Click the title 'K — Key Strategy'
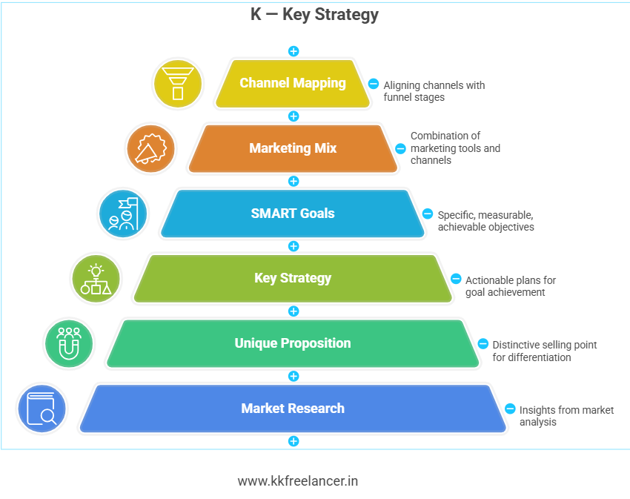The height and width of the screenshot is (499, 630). [x=314, y=14]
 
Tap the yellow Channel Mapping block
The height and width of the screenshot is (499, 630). [x=293, y=83]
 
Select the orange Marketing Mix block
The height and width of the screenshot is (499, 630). [x=293, y=148]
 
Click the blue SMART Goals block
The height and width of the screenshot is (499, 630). [x=293, y=214]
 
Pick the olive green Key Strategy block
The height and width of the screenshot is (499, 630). [x=293, y=278]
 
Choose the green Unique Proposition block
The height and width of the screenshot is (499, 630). [x=293, y=343]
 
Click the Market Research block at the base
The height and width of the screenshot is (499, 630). [x=293, y=409]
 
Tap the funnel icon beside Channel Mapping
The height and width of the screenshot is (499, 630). [x=177, y=83]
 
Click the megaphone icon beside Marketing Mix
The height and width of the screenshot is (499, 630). [x=150, y=148]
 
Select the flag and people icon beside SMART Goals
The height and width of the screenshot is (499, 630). [x=123, y=214]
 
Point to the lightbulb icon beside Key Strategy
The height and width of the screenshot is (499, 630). [x=96, y=279]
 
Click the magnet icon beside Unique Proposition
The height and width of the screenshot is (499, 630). [x=69, y=343]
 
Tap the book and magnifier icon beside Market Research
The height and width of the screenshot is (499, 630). [x=42, y=409]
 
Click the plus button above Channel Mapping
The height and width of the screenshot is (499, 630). [x=294, y=51]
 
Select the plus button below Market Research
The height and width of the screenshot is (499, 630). [x=294, y=441]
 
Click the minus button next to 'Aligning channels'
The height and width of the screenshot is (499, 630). [x=374, y=84]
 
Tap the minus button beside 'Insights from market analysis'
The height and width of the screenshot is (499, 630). [x=510, y=409]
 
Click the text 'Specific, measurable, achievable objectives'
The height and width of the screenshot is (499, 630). [x=485, y=220]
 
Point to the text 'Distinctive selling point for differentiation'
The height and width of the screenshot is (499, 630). [x=544, y=351]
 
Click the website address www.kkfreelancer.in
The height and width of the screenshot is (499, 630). [x=298, y=481]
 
